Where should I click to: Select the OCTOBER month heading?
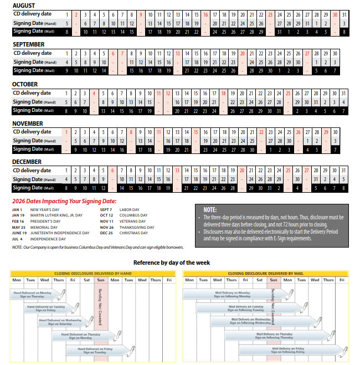click(x=25, y=84)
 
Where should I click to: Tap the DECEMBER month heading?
click(x=28, y=161)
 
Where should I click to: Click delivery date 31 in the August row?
click(x=344, y=14)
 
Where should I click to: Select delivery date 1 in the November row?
click(x=66, y=132)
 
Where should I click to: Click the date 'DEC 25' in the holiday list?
click(x=106, y=233)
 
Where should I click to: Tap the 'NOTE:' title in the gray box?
click(x=210, y=210)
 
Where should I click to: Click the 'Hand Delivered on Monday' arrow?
click(x=38, y=294)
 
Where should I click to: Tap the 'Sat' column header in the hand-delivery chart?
click(x=86, y=280)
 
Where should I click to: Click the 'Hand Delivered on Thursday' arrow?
click(x=84, y=336)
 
